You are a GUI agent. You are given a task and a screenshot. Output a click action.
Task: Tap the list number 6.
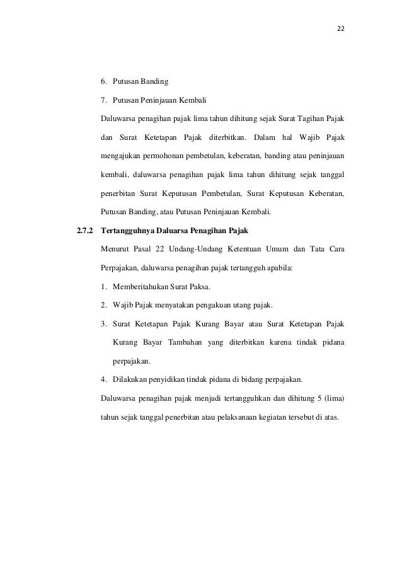103,81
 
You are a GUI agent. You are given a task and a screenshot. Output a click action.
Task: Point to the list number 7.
103,100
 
